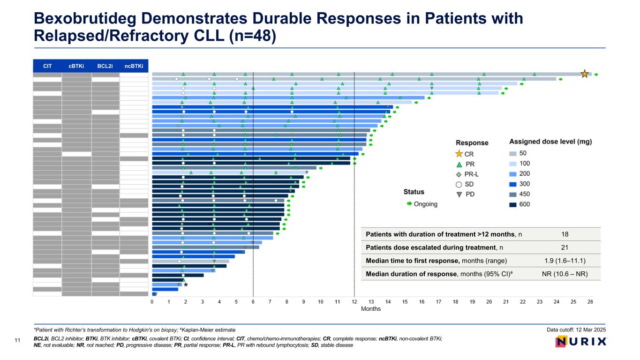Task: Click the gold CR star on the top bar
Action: (x=585, y=74)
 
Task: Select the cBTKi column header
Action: (x=76, y=66)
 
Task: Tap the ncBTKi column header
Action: (x=134, y=66)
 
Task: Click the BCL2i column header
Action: (x=105, y=66)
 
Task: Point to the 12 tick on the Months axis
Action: (x=354, y=302)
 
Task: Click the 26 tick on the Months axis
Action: (x=590, y=302)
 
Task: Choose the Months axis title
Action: (x=370, y=309)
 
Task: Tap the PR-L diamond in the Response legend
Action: (x=459, y=174)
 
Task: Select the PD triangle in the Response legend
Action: (x=459, y=195)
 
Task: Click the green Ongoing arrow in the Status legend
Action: (x=409, y=204)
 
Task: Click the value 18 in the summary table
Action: (x=565, y=234)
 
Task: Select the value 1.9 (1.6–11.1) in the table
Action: (x=565, y=261)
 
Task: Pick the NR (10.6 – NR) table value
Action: (x=565, y=274)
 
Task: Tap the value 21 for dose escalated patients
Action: (x=565, y=247)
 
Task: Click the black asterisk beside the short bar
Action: (x=186, y=285)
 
